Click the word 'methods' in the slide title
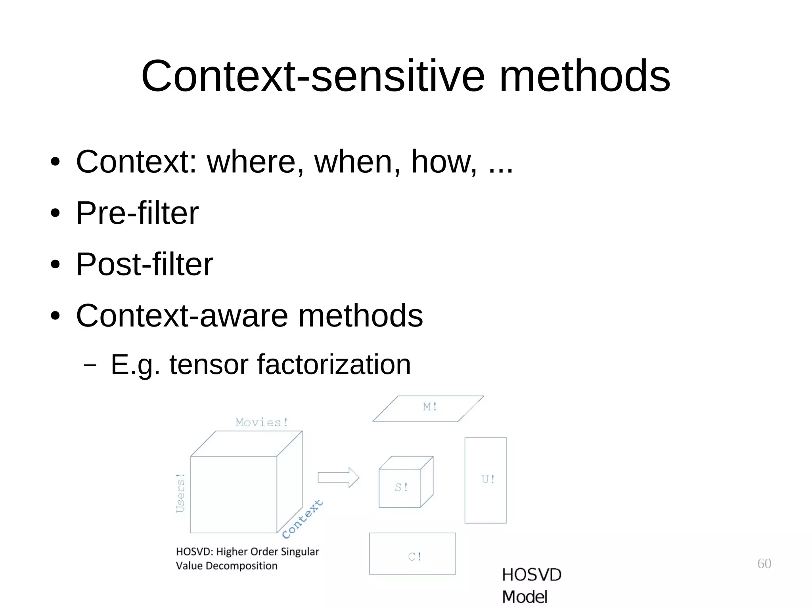(x=584, y=76)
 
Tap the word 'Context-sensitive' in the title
(x=313, y=76)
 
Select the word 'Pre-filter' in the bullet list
(x=137, y=213)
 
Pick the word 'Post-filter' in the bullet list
(x=145, y=264)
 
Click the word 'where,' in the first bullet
(x=255, y=162)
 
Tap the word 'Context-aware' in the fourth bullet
(x=182, y=316)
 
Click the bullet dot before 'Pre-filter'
(x=55, y=214)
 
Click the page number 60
(x=764, y=563)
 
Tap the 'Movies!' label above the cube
(x=262, y=423)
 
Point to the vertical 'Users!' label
(x=180, y=493)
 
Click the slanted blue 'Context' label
(x=303, y=519)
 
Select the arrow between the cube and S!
(x=338, y=477)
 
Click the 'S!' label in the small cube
(x=401, y=487)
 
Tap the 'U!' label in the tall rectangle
(x=488, y=479)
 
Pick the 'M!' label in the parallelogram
(x=430, y=407)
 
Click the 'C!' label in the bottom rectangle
(x=415, y=557)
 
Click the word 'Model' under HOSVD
(x=525, y=597)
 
